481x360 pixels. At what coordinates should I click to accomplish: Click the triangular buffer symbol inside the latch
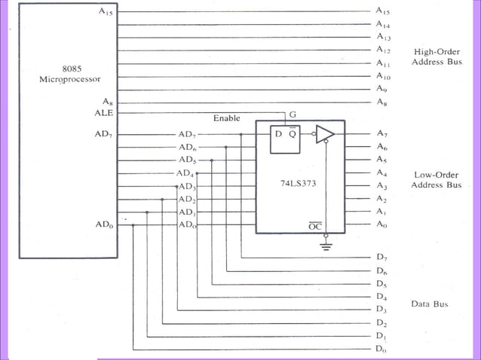325,134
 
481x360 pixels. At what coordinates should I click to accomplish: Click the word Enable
226,118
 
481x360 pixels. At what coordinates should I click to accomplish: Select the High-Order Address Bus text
437,56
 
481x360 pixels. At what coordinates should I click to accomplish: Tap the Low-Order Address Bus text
437,180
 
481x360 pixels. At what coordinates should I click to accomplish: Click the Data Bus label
430,304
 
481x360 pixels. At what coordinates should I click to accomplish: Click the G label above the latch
293,114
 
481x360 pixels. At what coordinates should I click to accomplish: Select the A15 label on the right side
383,11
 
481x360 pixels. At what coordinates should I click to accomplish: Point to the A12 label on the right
383,50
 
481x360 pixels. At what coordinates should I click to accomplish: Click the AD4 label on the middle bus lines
185,173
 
